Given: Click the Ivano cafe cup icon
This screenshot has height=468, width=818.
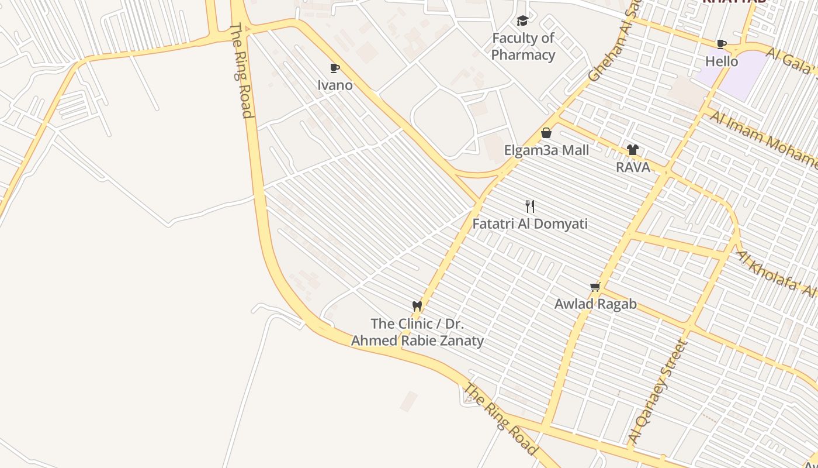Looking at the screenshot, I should pyautogui.click(x=334, y=68).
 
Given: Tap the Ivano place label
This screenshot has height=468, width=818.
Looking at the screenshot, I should pyautogui.click(x=335, y=85).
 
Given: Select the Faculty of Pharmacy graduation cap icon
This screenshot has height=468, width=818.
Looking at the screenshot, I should pyautogui.click(x=522, y=21).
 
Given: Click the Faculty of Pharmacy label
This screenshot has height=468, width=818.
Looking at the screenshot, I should pyautogui.click(x=523, y=47).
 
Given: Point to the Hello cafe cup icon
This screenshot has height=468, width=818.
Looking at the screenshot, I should pyautogui.click(x=722, y=44).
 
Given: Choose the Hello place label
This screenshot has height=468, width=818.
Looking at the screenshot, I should pyautogui.click(x=722, y=61).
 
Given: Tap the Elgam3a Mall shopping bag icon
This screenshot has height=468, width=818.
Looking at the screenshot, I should pyautogui.click(x=546, y=133).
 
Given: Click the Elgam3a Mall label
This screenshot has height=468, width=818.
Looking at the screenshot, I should pyautogui.click(x=546, y=150).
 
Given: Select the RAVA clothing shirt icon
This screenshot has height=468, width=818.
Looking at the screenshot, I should pyautogui.click(x=633, y=150).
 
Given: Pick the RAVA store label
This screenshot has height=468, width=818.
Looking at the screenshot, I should pyautogui.click(x=633, y=167).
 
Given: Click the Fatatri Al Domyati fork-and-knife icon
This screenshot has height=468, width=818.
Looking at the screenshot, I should pyautogui.click(x=530, y=207).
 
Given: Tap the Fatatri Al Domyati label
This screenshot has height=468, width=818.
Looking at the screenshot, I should pyautogui.click(x=530, y=224).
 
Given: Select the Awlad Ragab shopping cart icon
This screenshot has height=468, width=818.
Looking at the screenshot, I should pyautogui.click(x=595, y=287).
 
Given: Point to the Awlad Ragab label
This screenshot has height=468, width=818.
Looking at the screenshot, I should pyautogui.click(x=595, y=304).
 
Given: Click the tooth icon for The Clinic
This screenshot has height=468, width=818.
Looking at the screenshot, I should pyautogui.click(x=417, y=306).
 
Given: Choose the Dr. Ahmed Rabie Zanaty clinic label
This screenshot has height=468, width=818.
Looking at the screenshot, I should pyautogui.click(x=417, y=332).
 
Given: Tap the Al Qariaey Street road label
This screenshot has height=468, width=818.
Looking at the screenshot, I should pyautogui.click(x=657, y=391).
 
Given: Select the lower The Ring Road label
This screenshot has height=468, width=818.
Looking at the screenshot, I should pyautogui.click(x=500, y=419).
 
